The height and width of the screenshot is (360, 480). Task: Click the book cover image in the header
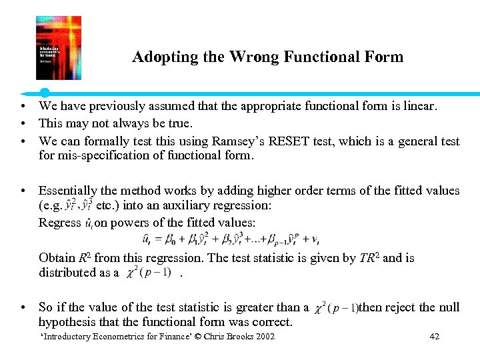[59, 48]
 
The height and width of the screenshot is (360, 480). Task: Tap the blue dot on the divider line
[45, 92]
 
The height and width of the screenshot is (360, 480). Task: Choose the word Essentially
[71, 191]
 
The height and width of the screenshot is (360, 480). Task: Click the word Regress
[59, 222]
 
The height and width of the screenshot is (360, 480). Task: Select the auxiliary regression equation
[231, 239]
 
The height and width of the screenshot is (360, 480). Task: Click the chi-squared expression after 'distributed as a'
[150, 273]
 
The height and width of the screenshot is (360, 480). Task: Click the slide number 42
[434, 337]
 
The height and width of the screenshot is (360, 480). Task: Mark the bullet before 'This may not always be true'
[23, 123]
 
